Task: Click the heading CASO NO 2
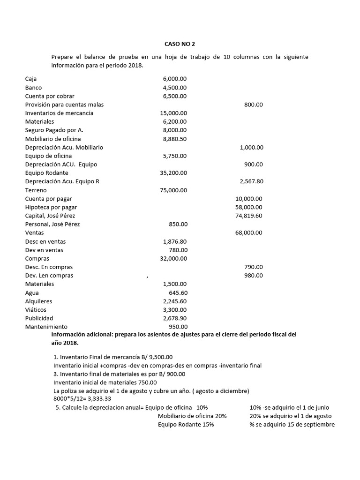(180, 44)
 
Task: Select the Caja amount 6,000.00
(174, 79)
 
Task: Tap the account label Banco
(33, 88)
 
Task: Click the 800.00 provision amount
(253, 105)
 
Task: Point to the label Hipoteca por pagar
(51, 207)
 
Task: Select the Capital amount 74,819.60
(248, 216)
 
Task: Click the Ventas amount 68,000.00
(248, 232)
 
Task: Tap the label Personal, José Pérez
(52, 224)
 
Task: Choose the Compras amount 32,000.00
(173, 258)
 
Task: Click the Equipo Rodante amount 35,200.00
(173, 173)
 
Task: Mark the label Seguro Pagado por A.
(54, 130)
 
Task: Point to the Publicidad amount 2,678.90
(175, 318)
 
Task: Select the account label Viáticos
(36, 310)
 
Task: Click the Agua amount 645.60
(178, 292)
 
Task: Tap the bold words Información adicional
(85, 335)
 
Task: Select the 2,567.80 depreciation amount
(251, 181)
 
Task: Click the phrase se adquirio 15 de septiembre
(295, 424)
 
